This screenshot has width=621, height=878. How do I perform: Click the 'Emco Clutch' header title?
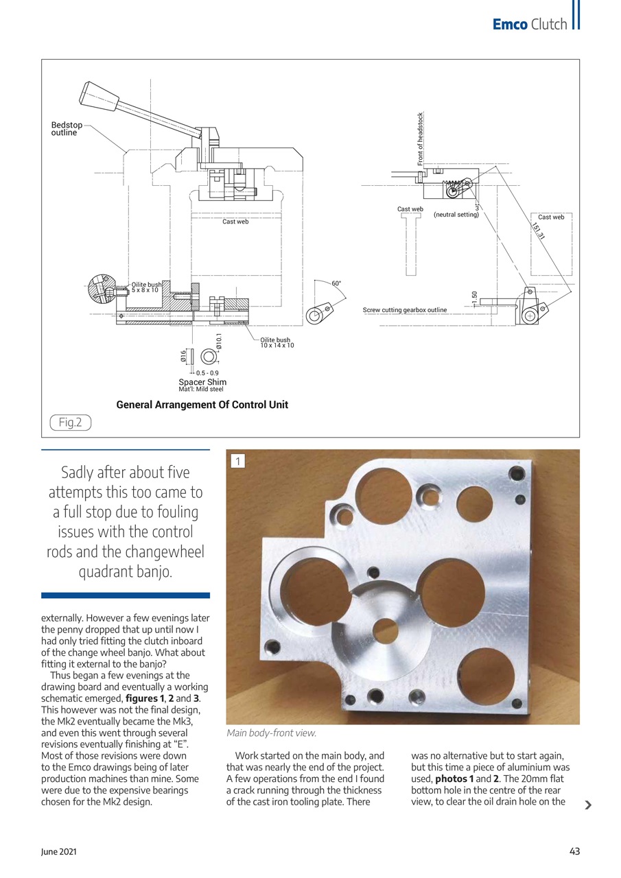click(x=530, y=25)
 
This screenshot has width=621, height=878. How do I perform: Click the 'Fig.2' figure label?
click(x=70, y=423)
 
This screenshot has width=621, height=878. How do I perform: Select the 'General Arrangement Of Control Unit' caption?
click(x=202, y=405)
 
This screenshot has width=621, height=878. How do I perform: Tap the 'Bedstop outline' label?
click(x=67, y=129)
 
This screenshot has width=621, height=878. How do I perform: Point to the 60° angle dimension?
click(x=336, y=283)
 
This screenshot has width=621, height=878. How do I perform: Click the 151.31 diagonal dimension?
click(x=539, y=230)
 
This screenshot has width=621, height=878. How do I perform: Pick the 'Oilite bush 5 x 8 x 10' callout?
click(x=146, y=287)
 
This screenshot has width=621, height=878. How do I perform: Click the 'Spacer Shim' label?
click(x=202, y=382)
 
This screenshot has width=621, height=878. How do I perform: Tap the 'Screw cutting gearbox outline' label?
click(x=404, y=310)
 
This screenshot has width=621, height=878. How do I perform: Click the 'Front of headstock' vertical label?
click(x=421, y=139)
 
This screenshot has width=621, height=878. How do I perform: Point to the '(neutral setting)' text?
click(x=456, y=215)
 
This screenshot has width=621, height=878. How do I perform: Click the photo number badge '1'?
click(x=237, y=462)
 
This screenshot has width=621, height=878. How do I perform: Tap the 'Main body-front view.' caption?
click(x=271, y=733)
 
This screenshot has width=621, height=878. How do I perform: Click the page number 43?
click(x=574, y=851)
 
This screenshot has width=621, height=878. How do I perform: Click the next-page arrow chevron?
click(x=587, y=805)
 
